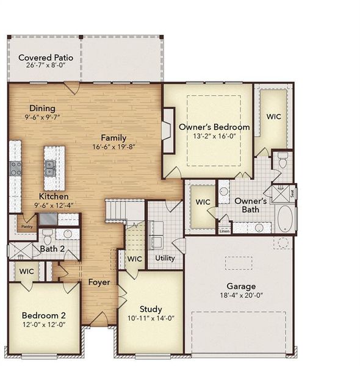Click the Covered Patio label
46,58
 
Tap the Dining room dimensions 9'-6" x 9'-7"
43,117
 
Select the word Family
114,137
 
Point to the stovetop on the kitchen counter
15,168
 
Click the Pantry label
26,226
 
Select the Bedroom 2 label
43,315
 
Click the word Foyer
99,282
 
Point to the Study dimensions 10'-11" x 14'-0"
150,318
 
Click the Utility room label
165,258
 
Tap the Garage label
242,286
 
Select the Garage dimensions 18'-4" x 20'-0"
242,295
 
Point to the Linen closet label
225,231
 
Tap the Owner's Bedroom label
214,127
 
